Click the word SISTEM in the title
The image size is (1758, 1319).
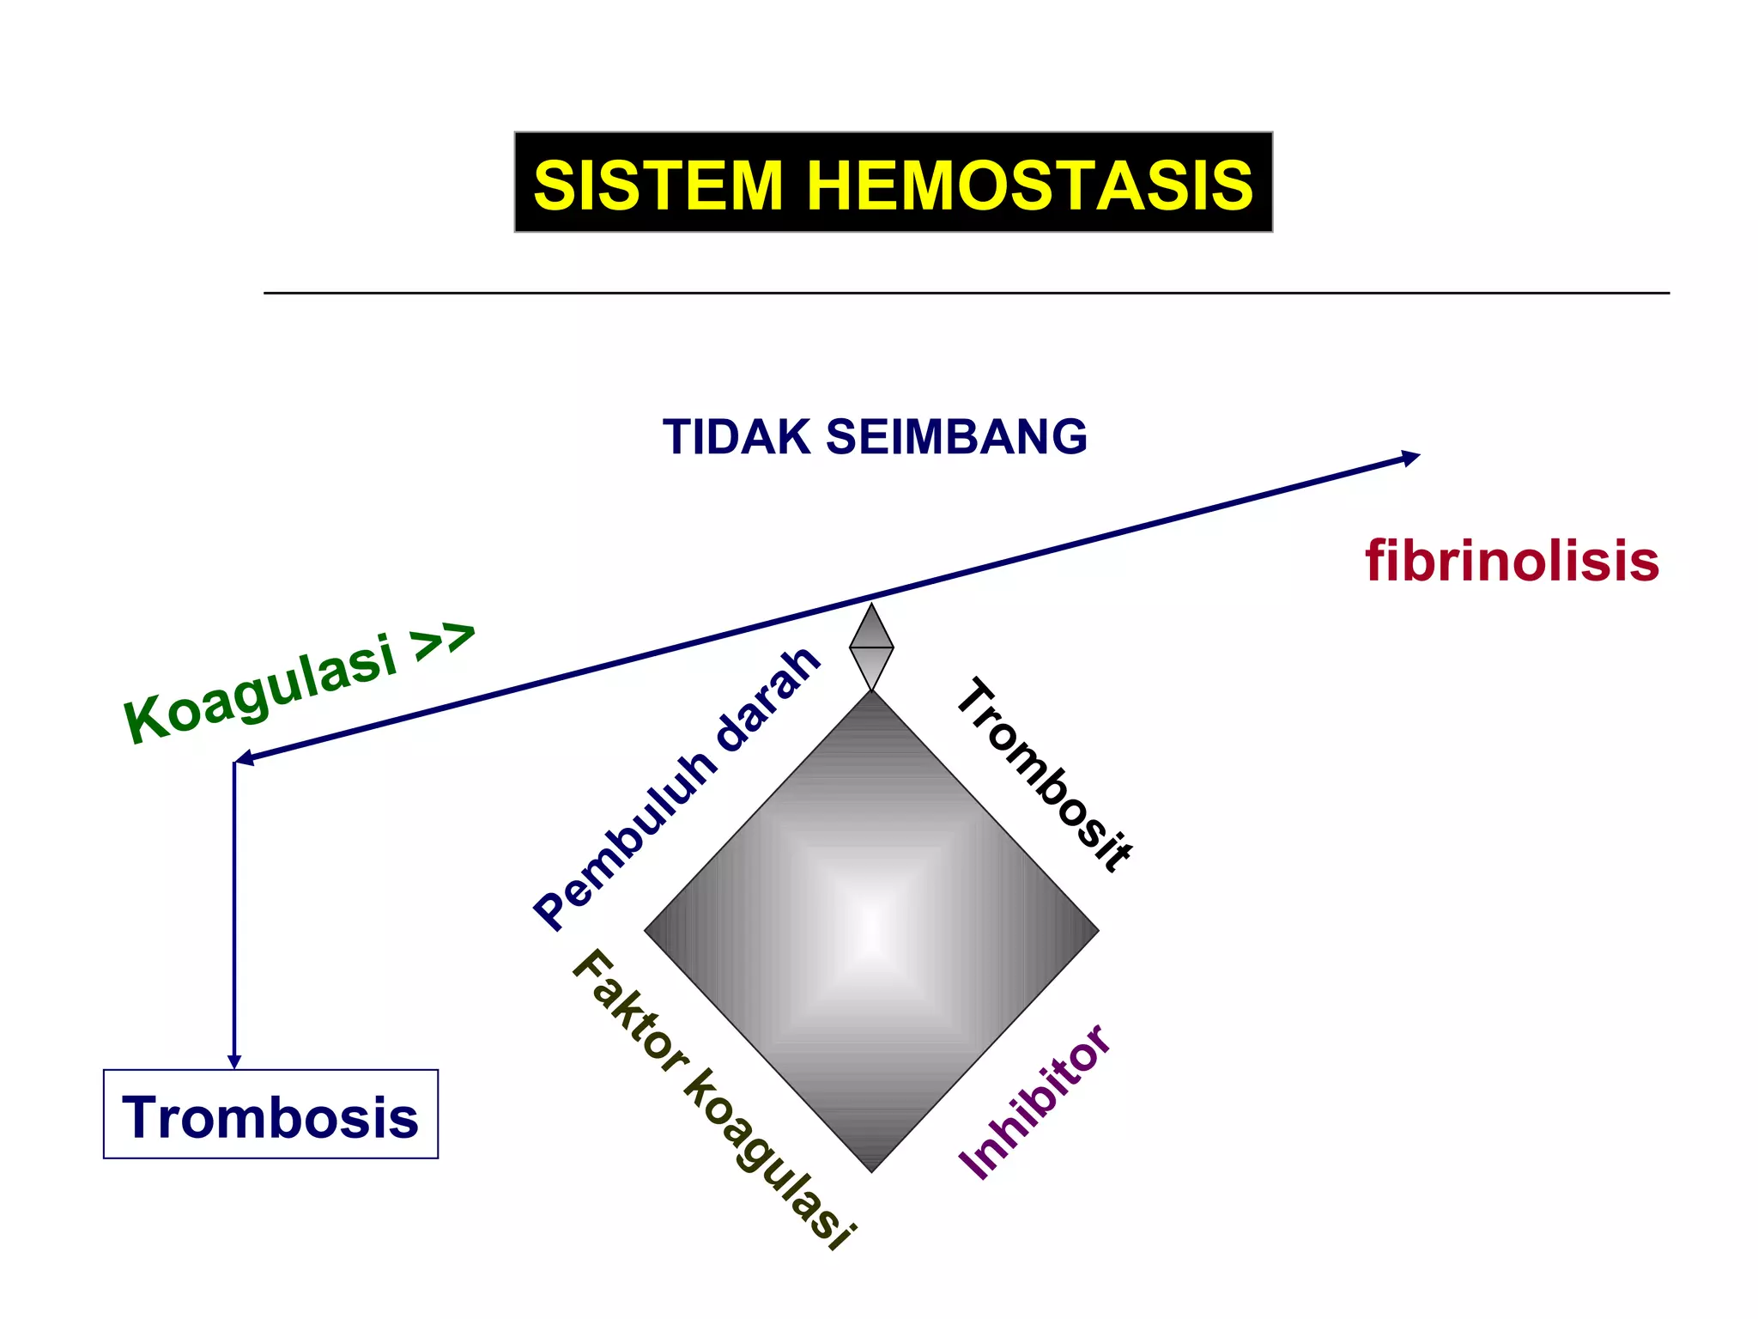(x=658, y=185)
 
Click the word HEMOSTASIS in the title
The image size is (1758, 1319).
(x=1030, y=185)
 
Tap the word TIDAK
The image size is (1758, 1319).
(x=737, y=437)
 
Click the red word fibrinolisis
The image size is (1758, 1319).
(x=1512, y=562)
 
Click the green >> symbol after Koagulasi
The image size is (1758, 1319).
(x=442, y=641)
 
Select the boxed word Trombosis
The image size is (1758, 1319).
(x=270, y=1117)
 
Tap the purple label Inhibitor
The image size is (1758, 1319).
(x=1035, y=1103)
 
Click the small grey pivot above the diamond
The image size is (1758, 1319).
(x=871, y=647)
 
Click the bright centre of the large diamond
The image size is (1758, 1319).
(x=871, y=930)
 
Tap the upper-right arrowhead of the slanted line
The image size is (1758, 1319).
(x=1409, y=457)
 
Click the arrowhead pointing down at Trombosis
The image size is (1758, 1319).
(x=234, y=1061)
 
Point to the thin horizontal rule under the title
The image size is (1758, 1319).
(x=966, y=294)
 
